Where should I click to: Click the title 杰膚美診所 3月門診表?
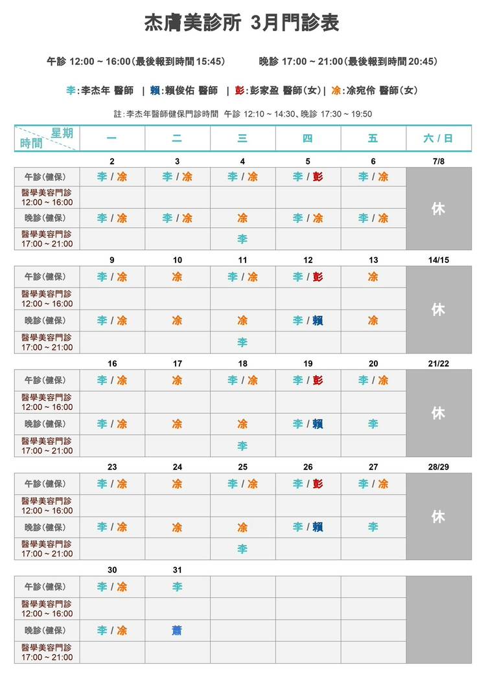242,23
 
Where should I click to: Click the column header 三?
242,138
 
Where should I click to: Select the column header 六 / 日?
438,138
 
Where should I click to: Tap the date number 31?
177,570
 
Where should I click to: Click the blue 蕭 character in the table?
177,630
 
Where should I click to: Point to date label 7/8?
438,161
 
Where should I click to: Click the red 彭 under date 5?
318,176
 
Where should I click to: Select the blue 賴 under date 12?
318,321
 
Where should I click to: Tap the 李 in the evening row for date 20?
373,424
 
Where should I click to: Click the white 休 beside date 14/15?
438,310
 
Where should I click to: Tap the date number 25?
242,467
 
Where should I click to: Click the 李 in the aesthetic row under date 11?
242,343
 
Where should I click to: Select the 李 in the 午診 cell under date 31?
177,587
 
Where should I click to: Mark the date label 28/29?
438,467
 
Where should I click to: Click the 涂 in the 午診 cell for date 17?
177,380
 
